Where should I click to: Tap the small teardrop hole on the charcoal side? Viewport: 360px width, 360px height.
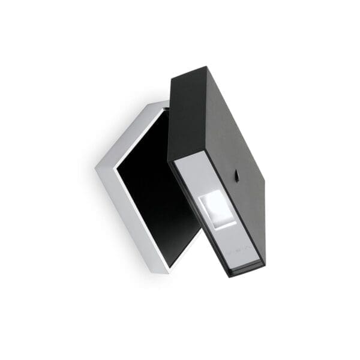pos(238,176)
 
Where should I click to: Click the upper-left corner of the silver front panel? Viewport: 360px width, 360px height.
pos(173,164)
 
